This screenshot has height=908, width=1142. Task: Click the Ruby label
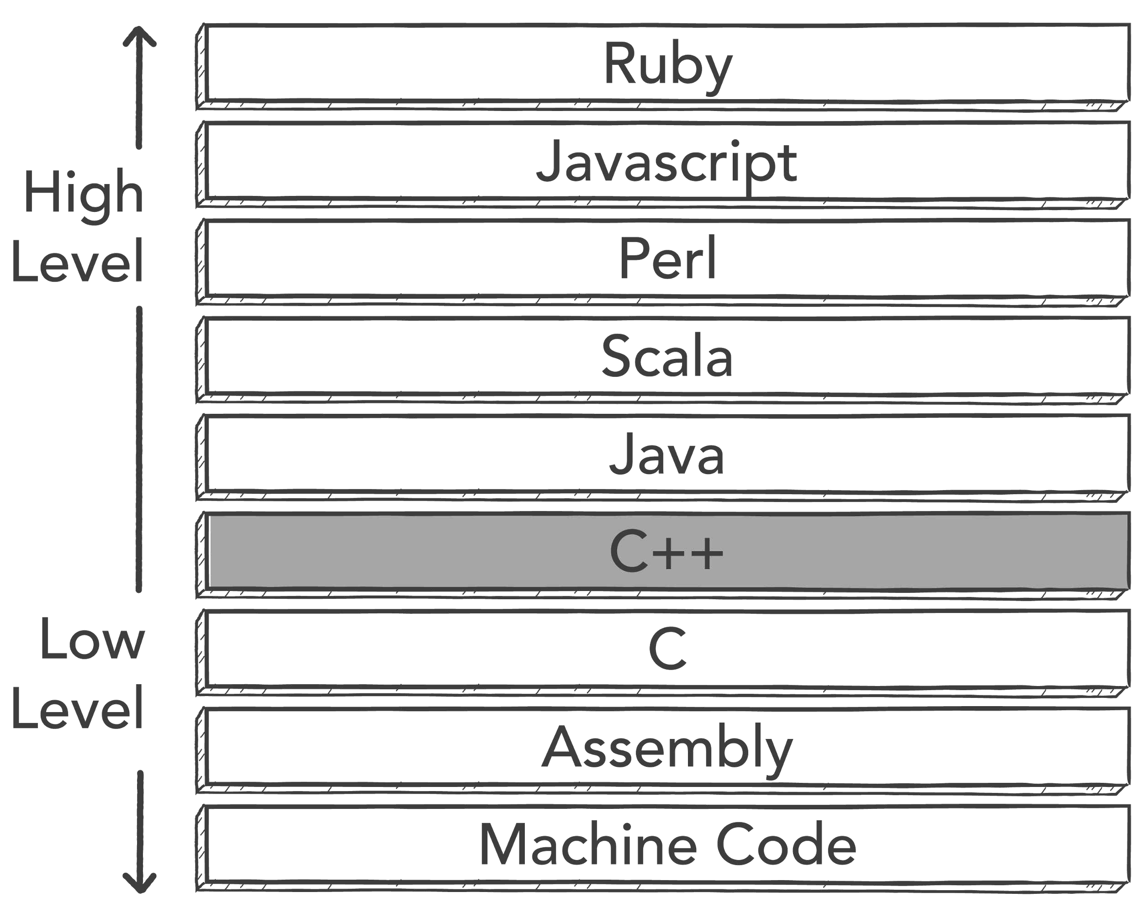[x=668, y=65]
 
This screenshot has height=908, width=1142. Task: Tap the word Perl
[x=667, y=258]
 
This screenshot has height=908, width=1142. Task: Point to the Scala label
[x=667, y=356]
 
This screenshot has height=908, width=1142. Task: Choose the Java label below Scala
[x=667, y=454]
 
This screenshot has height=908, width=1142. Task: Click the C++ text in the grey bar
[x=667, y=552]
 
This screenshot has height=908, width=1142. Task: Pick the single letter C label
[x=667, y=649]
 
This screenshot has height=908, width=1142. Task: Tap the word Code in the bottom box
[x=786, y=845]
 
